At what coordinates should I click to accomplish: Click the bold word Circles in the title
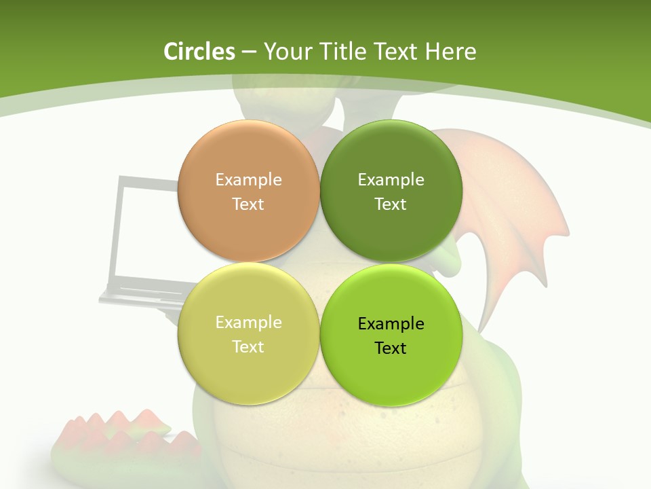199,52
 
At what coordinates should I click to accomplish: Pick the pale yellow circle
248,370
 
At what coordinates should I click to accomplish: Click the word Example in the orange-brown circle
248,179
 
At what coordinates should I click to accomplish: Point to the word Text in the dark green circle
391,204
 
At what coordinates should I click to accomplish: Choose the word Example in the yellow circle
248,322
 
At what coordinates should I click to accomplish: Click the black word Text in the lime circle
391,348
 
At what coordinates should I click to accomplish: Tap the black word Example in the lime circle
391,323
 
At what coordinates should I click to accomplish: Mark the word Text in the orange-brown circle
248,204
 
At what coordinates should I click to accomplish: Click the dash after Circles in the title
249,52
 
